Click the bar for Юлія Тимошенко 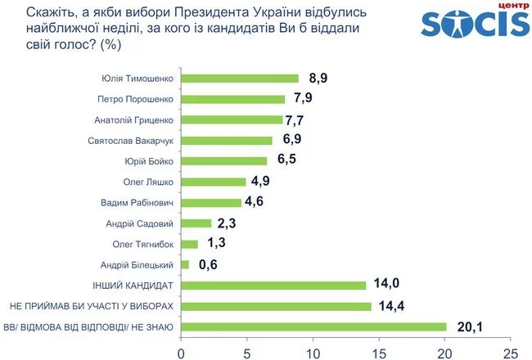coord(240,79)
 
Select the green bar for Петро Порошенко coord(233,99)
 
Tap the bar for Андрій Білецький coord(185,264)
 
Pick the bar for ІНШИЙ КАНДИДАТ coord(273,286)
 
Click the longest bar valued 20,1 coord(313,327)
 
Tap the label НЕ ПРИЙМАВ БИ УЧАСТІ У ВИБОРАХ coord(92,306)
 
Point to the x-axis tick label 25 coord(511,351)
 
